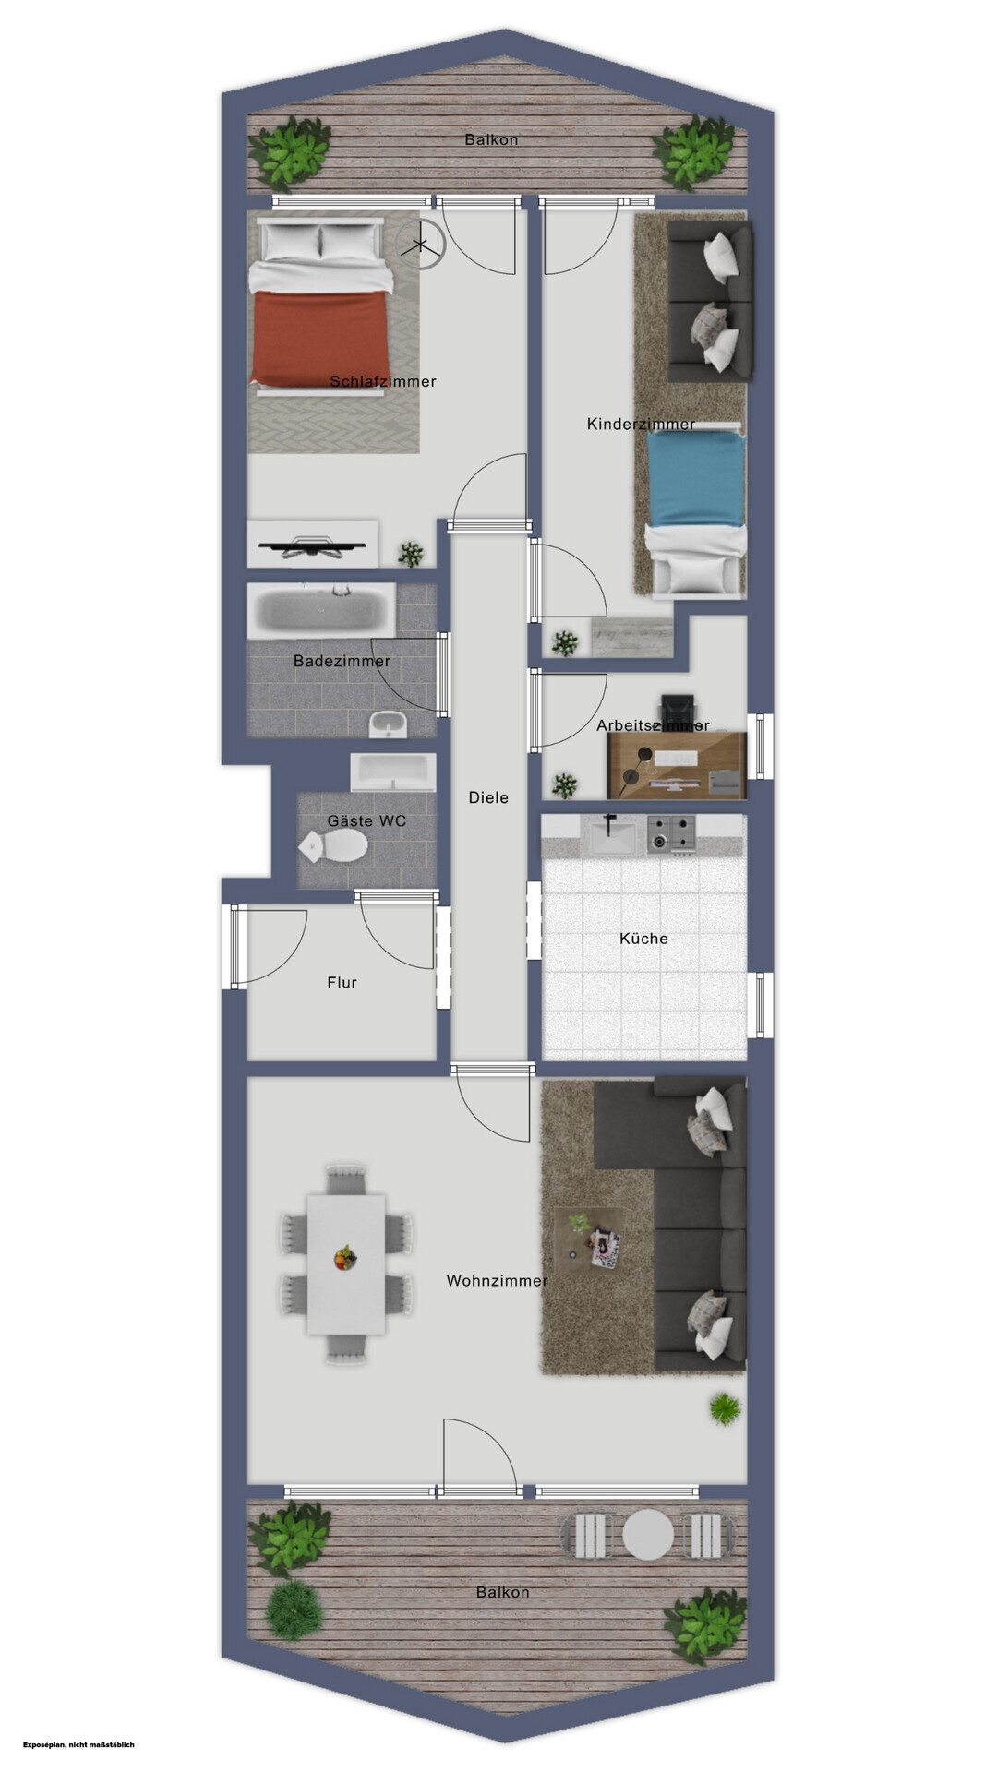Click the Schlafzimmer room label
pyautogui.click(x=383, y=381)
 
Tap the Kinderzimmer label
pyautogui.click(x=641, y=424)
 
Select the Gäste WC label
pyautogui.click(x=366, y=820)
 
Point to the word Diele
pyautogui.click(x=488, y=797)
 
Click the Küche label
pyautogui.click(x=643, y=939)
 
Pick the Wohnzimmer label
pyautogui.click(x=497, y=1280)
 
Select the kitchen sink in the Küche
pyautogui.click(x=611, y=836)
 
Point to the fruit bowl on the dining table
pyautogui.click(x=345, y=1258)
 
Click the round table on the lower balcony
pyautogui.click(x=648, y=1534)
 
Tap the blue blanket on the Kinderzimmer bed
pyautogui.click(x=695, y=479)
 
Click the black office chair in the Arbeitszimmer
pyautogui.click(x=681, y=712)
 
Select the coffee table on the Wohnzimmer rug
pyautogui.click(x=589, y=1238)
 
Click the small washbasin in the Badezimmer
pyautogui.click(x=388, y=725)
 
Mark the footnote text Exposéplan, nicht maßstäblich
pyautogui.click(x=79, y=1744)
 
